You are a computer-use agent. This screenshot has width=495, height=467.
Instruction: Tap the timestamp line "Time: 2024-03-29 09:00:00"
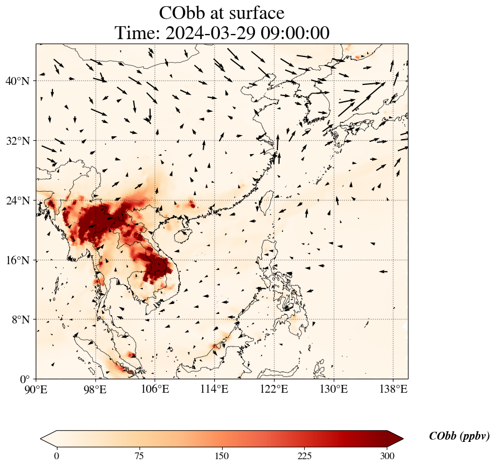(x=222, y=32)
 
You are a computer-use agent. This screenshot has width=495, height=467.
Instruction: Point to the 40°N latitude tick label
(x=17, y=81)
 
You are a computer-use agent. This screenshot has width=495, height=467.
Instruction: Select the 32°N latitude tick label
(x=17, y=141)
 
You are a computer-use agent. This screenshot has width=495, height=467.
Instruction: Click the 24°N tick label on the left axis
(x=17, y=201)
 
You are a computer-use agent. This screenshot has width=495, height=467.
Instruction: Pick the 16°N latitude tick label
(x=17, y=260)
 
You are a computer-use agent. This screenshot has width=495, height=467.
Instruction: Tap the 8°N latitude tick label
(x=19, y=320)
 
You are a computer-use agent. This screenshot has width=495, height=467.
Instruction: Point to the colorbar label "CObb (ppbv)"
(x=459, y=437)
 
